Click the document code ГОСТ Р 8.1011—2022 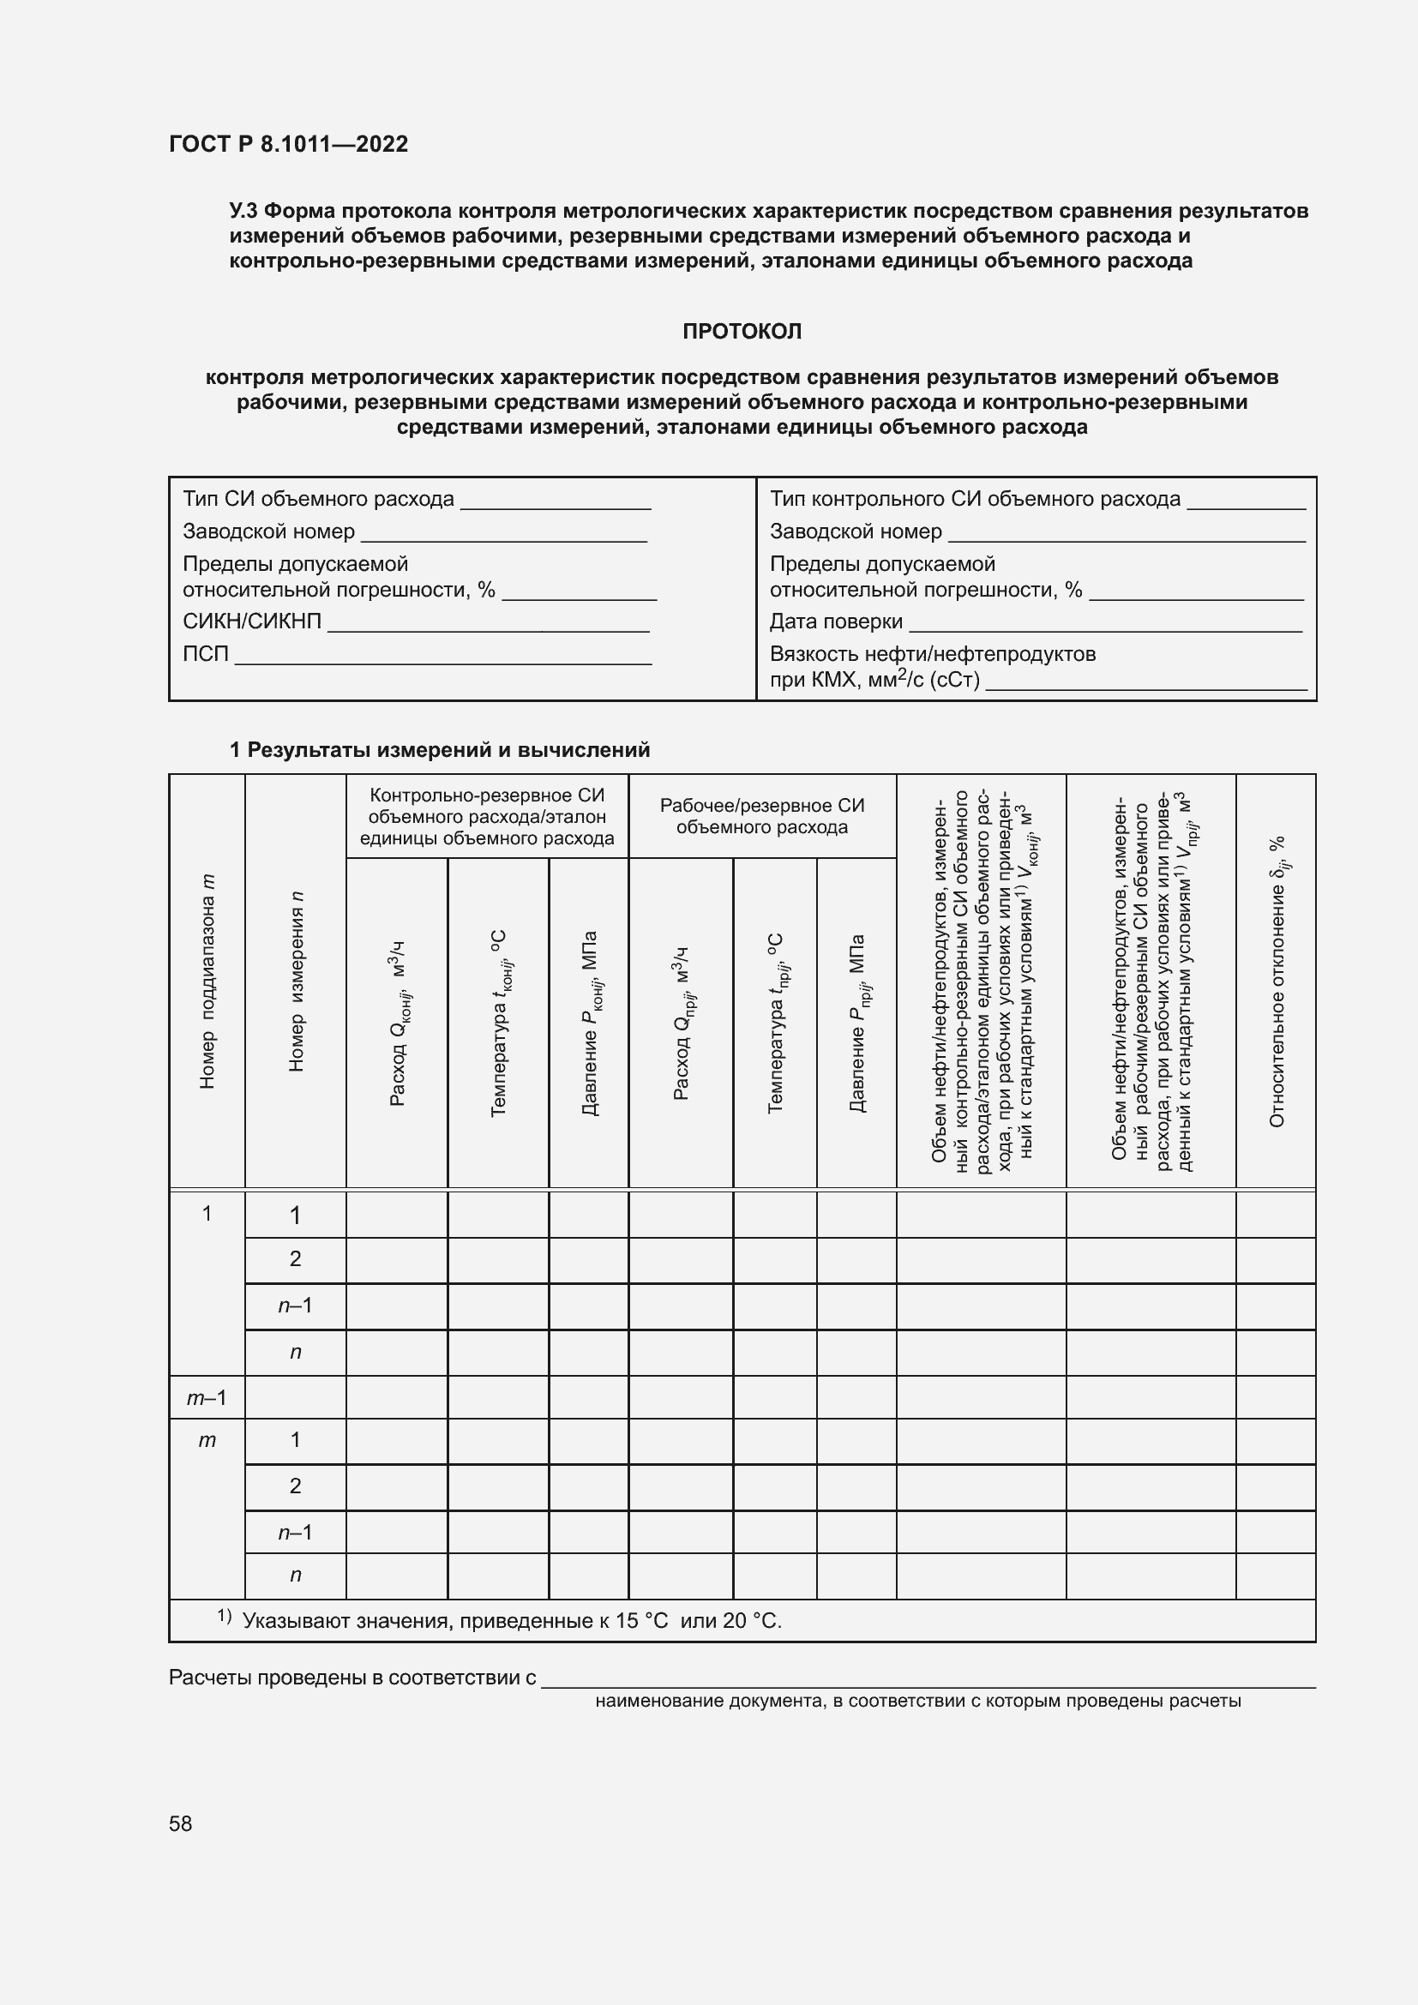pyautogui.click(x=288, y=144)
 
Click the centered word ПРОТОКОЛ pyautogui.click(x=742, y=332)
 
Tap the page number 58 pyautogui.click(x=181, y=1823)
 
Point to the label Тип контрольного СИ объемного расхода pyautogui.click(x=975, y=500)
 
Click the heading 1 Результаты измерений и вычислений pyautogui.click(x=439, y=750)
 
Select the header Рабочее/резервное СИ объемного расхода pyautogui.click(x=761, y=817)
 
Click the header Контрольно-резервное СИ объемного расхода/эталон pyautogui.click(x=486, y=817)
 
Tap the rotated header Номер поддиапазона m pyautogui.click(x=207, y=981)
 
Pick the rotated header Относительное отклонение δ pyautogui.click(x=1277, y=981)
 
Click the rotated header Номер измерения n pyautogui.click(x=296, y=981)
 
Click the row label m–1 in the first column pyautogui.click(x=207, y=1398)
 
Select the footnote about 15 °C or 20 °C pyautogui.click(x=511, y=1622)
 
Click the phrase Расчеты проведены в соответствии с pyautogui.click(x=351, y=1678)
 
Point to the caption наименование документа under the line pyautogui.click(x=917, y=1701)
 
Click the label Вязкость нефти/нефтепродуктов pyautogui.click(x=932, y=654)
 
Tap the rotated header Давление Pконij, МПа pyautogui.click(x=590, y=1024)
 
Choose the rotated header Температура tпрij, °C pyautogui.click(x=775, y=1024)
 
